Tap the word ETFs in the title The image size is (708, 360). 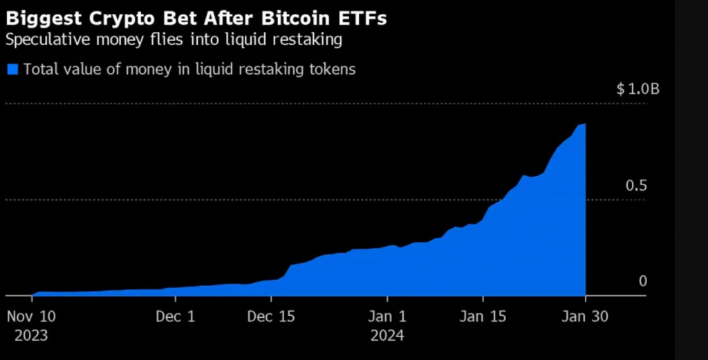(x=365, y=17)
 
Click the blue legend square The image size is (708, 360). (x=12, y=68)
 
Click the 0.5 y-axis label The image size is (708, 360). (x=635, y=186)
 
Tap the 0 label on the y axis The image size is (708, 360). (x=642, y=281)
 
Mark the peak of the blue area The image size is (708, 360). (x=585, y=124)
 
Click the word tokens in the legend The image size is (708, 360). (x=334, y=69)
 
